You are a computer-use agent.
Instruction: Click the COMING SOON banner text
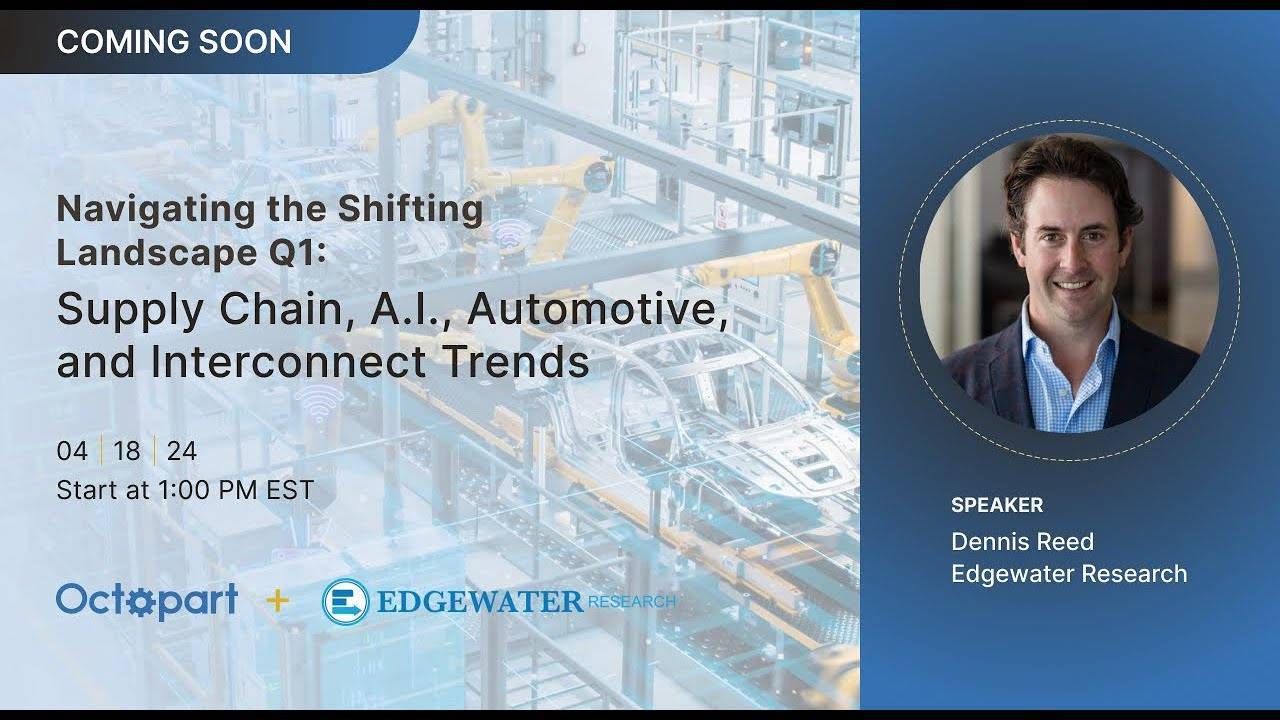tap(174, 42)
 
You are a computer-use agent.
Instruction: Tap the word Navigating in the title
tap(156, 210)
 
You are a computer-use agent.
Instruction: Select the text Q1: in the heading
tap(297, 254)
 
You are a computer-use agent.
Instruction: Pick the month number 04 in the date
tap(72, 451)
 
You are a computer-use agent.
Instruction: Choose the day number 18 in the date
tap(126, 451)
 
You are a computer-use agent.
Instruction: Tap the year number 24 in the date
tap(182, 451)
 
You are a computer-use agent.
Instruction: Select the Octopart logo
tap(147, 601)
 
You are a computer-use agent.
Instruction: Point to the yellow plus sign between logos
tap(278, 601)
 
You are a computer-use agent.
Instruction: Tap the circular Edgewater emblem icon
tap(345, 602)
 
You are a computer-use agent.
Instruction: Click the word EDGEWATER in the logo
tap(480, 602)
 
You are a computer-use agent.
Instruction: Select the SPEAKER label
tap(997, 505)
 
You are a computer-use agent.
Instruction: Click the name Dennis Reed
tap(1022, 542)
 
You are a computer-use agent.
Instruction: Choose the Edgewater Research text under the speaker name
tap(1069, 574)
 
